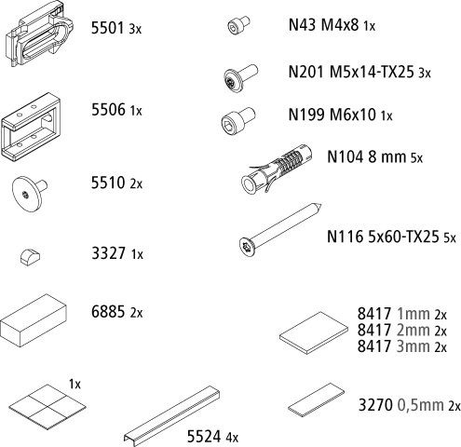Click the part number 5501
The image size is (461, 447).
pyautogui.click(x=107, y=28)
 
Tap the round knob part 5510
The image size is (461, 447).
pyautogui.click(x=29, y=194)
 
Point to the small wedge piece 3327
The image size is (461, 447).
pyautogui.click(x=30, y=256)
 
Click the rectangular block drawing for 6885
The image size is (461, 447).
pyautogui.click(x=34, y=320)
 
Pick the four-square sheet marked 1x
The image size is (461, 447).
pyautogui.click(x=47, y=407)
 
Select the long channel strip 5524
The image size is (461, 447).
pyautogui.click(x=172, y=416)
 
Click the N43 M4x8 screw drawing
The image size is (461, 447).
pyautogui.click(x=238, y=25)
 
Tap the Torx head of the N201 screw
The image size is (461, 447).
pyautogui.click(x=232, y=81)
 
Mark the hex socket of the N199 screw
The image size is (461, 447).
pyautogui.click(x=229, y=125)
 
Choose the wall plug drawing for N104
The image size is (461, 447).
pyautogui.click(x=277, y=169)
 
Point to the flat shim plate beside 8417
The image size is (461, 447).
pyautogui.click(x=314, y=333)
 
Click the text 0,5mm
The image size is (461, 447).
pyautogui.click(x=420, y=405)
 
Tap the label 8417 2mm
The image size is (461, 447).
pyautogui.click(x=393, y=330)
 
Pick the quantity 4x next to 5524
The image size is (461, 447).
pyautogui.click(x=232, y=437)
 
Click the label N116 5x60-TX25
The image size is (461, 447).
pyautogui.click(x=383, y=237)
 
